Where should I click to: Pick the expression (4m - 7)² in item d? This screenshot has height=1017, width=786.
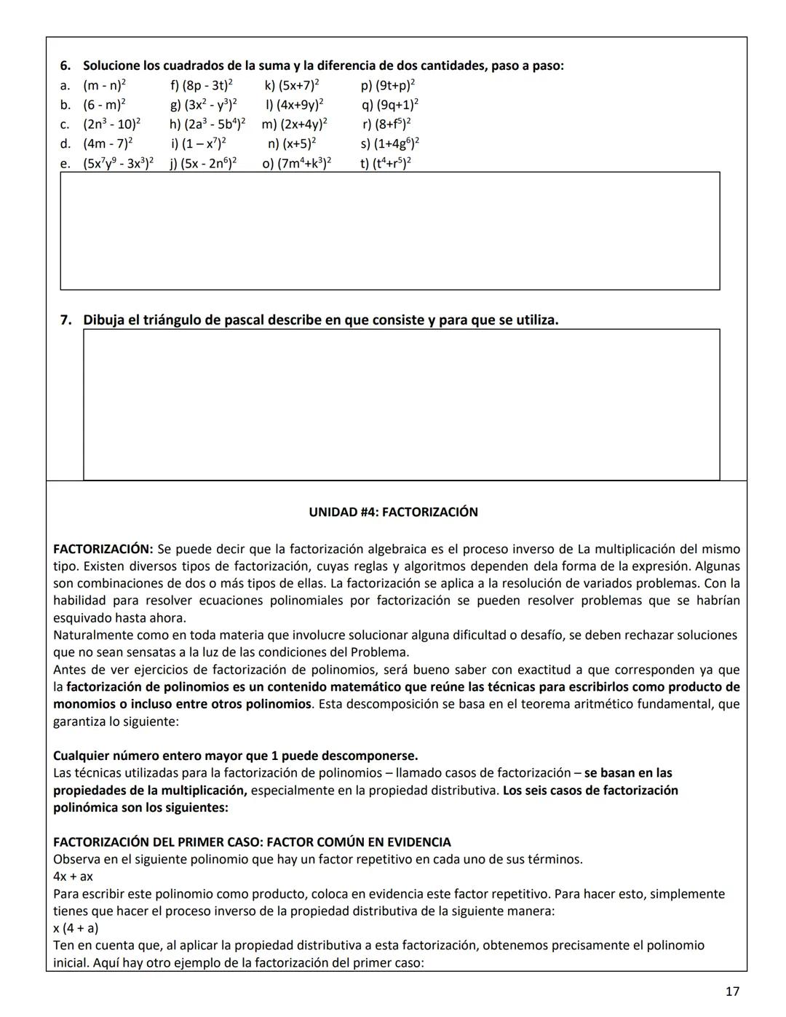(108, 143)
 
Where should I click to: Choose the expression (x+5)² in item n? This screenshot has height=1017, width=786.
(299, 143)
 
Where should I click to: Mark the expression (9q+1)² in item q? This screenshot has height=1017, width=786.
(397, 105)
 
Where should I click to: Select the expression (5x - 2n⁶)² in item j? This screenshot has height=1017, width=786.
(210, 163)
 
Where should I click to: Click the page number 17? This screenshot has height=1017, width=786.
(732, 991)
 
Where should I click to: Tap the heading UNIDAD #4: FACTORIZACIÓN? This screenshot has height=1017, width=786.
(393, 512)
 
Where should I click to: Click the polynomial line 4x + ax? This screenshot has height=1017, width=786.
(73, 876)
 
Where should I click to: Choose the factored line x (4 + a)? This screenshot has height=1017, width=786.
(76, 928)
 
